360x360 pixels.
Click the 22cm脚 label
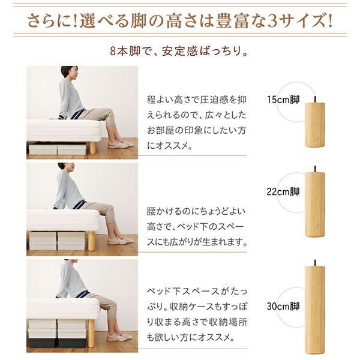[x=284, y=192]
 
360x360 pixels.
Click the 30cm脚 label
[x=284, y=306]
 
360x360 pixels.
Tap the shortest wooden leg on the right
[x=314, y=125]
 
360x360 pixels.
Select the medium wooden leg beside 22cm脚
[x=314, y=213]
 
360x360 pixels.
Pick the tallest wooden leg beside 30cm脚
[x=314, y=309]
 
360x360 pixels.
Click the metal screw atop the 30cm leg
[x=314, y=263]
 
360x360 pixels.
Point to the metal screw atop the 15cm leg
[x=314, y=98]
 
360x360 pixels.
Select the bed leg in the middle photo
[x=92, y=241]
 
